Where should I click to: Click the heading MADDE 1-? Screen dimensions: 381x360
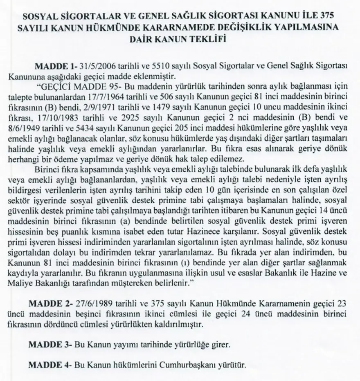tap(54, 66)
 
